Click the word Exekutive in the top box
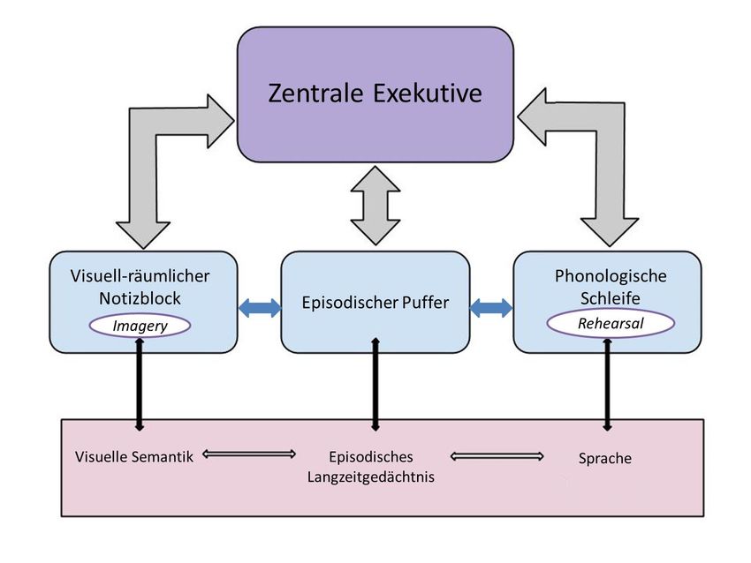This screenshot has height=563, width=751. click(x=429, y=93)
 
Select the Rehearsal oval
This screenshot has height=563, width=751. click(x=611, y=324)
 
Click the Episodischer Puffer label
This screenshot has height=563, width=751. click(x=374, y=303)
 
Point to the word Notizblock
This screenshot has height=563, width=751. click(x=141, y=298)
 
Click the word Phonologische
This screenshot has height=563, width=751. click(x=611, y=276)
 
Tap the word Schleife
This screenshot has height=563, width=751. click(x=610, y=298)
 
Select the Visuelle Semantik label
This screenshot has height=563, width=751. click(x=134, y=456)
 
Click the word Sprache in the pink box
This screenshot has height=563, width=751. click(x=605, y=459)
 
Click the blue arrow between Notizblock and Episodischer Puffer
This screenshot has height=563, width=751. click(x=258, y=307)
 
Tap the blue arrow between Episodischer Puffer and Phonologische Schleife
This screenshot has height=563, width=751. click(x=491, y=308)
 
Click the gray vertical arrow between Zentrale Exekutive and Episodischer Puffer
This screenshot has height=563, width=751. click(x=375, y=205)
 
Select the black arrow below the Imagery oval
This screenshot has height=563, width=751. click(x=139, y=384)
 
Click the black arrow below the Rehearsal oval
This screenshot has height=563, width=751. click(x=607, y=384)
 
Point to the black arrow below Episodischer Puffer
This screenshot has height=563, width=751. click(x=375, y=384)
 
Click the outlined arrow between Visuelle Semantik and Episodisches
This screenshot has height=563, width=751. click(x=249, y=454)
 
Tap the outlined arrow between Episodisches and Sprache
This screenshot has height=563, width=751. click(x=497, y=456)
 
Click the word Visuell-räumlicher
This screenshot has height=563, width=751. click(x=140, y=276)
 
